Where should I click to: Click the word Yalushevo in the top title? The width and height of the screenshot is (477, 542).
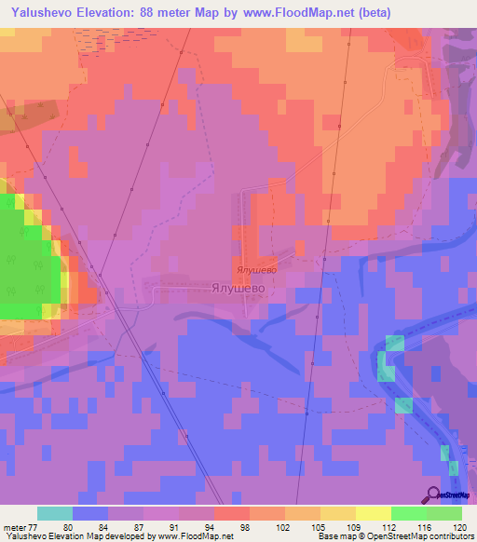(x=37, y=12)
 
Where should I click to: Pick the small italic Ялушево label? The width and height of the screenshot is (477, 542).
(x=254, y=270)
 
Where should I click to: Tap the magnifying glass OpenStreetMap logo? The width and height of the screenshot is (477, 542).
(x=432, y=495)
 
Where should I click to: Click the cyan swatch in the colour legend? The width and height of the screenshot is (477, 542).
(x=55, y=513)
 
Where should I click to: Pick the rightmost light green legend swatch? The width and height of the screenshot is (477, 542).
(x=444, y=513)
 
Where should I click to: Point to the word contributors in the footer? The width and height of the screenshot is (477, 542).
(x=450, y=535)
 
